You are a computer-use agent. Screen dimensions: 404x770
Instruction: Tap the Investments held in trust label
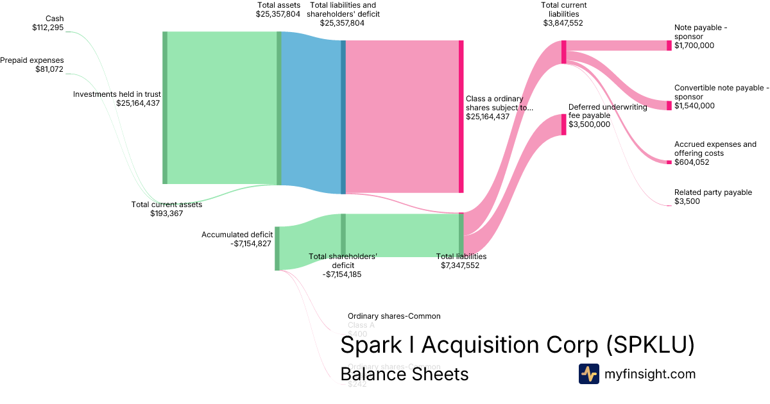click(x=117, y=98)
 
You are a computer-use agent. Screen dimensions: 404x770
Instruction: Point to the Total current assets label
click(x=167, y=209)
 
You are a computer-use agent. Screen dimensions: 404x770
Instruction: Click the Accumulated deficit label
click(x=237, y=239)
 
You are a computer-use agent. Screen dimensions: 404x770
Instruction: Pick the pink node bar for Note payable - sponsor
click(x=669, y=46)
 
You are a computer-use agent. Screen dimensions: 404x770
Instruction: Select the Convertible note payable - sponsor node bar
click(x=669, y=105)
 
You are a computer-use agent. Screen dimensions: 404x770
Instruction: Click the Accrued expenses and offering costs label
click(x=715, y=153)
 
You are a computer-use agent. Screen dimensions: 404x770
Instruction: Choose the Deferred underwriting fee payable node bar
click(x=564, y=124)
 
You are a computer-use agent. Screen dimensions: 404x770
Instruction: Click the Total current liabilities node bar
click(x=563, y=52)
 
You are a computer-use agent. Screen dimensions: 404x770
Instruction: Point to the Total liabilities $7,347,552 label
click(x=461, y=260)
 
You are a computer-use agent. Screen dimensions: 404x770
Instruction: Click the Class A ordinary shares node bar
click(x=461, y=116)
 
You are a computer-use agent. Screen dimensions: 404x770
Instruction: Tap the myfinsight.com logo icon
click(x=588, y=374)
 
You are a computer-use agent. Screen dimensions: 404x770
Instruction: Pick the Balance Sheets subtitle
click(x=404, y=374)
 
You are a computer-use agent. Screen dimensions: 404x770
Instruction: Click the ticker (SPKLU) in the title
click(x=650, y=345)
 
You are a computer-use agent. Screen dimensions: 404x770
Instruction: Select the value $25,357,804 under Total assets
click(x=278, y=13)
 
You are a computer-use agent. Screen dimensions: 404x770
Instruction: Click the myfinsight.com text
click(x=650, y=374)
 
